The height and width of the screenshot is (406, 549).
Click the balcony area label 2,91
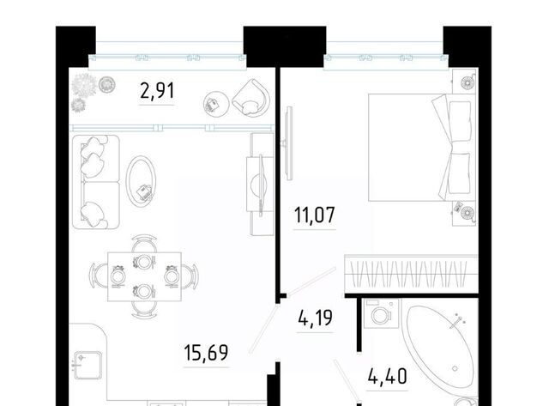click(x=157, y=92)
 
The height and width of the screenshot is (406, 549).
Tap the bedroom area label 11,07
click(x=315, y=215)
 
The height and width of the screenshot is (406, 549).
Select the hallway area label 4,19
click(x=315, y=318)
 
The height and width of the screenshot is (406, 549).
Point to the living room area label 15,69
click(x=206, y=353)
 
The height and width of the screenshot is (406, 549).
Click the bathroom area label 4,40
click(x=388, y=377)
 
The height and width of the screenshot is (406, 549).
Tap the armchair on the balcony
click(x=251, y=98)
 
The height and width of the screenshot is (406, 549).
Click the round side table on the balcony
click(x=216, y=104)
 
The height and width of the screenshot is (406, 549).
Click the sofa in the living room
click(x=95, y=182)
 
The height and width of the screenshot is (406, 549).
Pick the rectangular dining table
click(x=144, y=276)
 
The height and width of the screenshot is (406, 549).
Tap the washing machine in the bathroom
click(x=381, y=313)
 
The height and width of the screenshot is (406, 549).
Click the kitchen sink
click(x=87, y=366)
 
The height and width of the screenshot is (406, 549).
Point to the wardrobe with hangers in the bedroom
click(x=412, y=274)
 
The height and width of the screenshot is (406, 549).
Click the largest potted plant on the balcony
click(x=84, y=85)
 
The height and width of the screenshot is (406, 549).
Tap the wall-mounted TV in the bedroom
click(x=288, y=143)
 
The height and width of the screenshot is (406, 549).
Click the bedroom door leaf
click(x=311, y=282)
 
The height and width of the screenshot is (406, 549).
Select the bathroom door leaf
click(x=347, y=381)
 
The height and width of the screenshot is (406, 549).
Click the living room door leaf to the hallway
click(x=263, y=329)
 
